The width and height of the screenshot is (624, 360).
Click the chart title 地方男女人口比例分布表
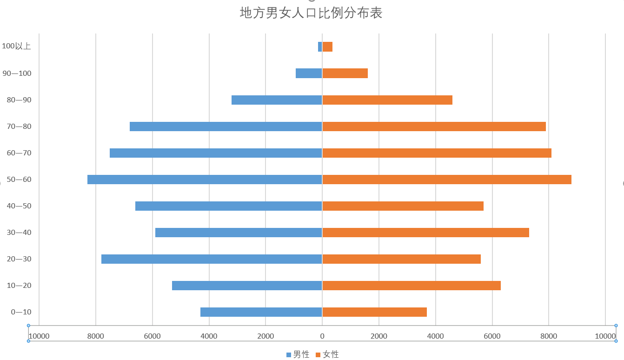[311, 13]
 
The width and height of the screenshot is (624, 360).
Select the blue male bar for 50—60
[205, 180]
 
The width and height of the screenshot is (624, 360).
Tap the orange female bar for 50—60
[446, 180]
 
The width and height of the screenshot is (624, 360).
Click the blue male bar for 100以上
[320, 47]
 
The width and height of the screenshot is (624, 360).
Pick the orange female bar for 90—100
[345, 73]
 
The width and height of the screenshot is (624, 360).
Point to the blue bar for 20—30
[212, 259]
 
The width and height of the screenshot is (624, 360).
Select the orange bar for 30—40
[425, 233]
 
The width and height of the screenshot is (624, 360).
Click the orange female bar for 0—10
[374, 312]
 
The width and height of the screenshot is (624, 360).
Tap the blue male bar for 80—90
[277, 100]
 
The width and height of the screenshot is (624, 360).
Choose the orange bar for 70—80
[434, 127]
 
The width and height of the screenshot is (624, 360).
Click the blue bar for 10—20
[247, 286]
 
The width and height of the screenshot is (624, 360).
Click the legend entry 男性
[298, 354]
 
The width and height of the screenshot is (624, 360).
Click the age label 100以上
[16, 46]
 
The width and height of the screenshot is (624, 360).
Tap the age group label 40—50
[19, 206]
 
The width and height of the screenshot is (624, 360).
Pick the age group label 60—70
[19, 153]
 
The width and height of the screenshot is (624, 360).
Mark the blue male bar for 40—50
[229, 206]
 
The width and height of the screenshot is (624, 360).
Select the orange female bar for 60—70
[437, 153]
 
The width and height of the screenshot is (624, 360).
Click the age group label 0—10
[21, 312]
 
